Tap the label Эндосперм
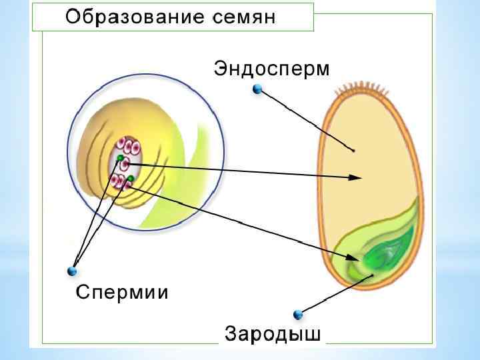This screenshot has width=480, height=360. pyautogui.click(x=272, y=69)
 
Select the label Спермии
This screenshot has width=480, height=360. pyautogui.click(x=122, y=291)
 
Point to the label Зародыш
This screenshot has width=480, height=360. pyautogui.click(x=273, y=333)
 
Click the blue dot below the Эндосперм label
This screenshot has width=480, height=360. pyautogui.click(x=258, y=89)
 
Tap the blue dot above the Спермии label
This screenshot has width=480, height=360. pyautogui.click(x=72, y=271)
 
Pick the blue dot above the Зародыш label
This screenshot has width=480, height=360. pyautogui.click(x=297, y=314)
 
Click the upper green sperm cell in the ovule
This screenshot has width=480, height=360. pyautogui.click(x=120, y=158)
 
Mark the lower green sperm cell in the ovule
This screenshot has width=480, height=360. pyautogui.click(x=131, y=179)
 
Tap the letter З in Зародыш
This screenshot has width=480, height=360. pyautogui.click(x=231, y=333)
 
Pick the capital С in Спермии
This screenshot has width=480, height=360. pyautogui.click(x=82, y=291)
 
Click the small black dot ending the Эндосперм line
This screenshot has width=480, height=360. pyautogui.click(x=353, y=151)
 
